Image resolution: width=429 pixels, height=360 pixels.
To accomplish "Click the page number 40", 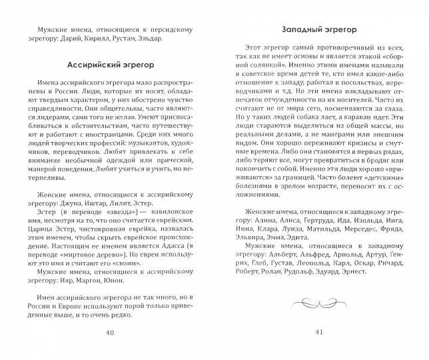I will [111, 333].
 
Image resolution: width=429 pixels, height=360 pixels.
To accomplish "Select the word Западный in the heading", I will [298, 30].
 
